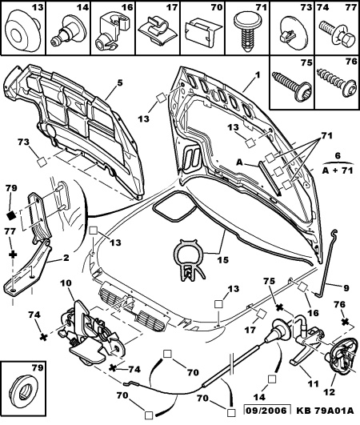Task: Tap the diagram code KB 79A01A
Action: point(325,411)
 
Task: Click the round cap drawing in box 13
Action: point(22,32)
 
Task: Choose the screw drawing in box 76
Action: point(338,82)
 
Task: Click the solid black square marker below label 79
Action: point(11,216)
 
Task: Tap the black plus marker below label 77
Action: point(13,255)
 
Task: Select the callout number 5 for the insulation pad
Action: point(120,82)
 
